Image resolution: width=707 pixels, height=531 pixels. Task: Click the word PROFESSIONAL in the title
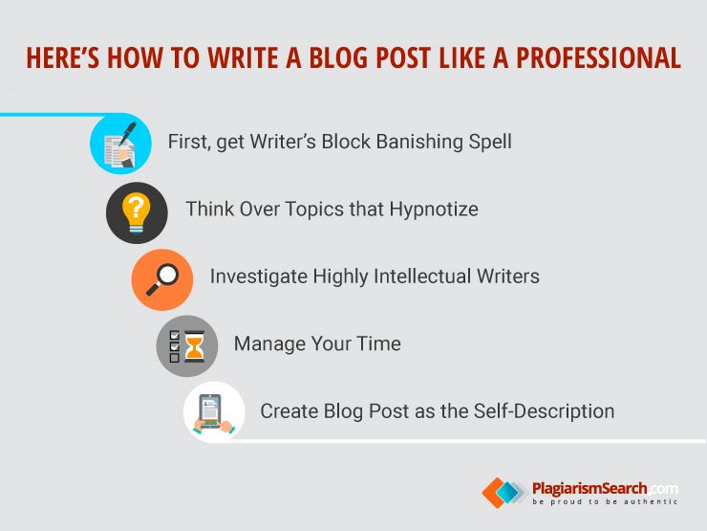point(598,57)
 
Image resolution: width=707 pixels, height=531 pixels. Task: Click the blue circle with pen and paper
point(120,144)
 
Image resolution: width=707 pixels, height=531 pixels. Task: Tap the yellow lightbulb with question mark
point(137,212)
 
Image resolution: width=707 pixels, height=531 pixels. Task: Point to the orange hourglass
point(195,346)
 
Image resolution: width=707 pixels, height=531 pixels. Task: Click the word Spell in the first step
point(490,142)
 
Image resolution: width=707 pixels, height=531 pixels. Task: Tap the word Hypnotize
point(434,210)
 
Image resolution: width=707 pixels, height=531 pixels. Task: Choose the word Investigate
point(258,277)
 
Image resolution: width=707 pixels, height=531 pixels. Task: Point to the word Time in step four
point(378,343)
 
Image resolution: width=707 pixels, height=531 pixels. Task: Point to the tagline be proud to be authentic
point(605,501)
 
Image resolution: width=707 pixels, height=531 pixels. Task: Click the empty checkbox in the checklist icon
point(175,358)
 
